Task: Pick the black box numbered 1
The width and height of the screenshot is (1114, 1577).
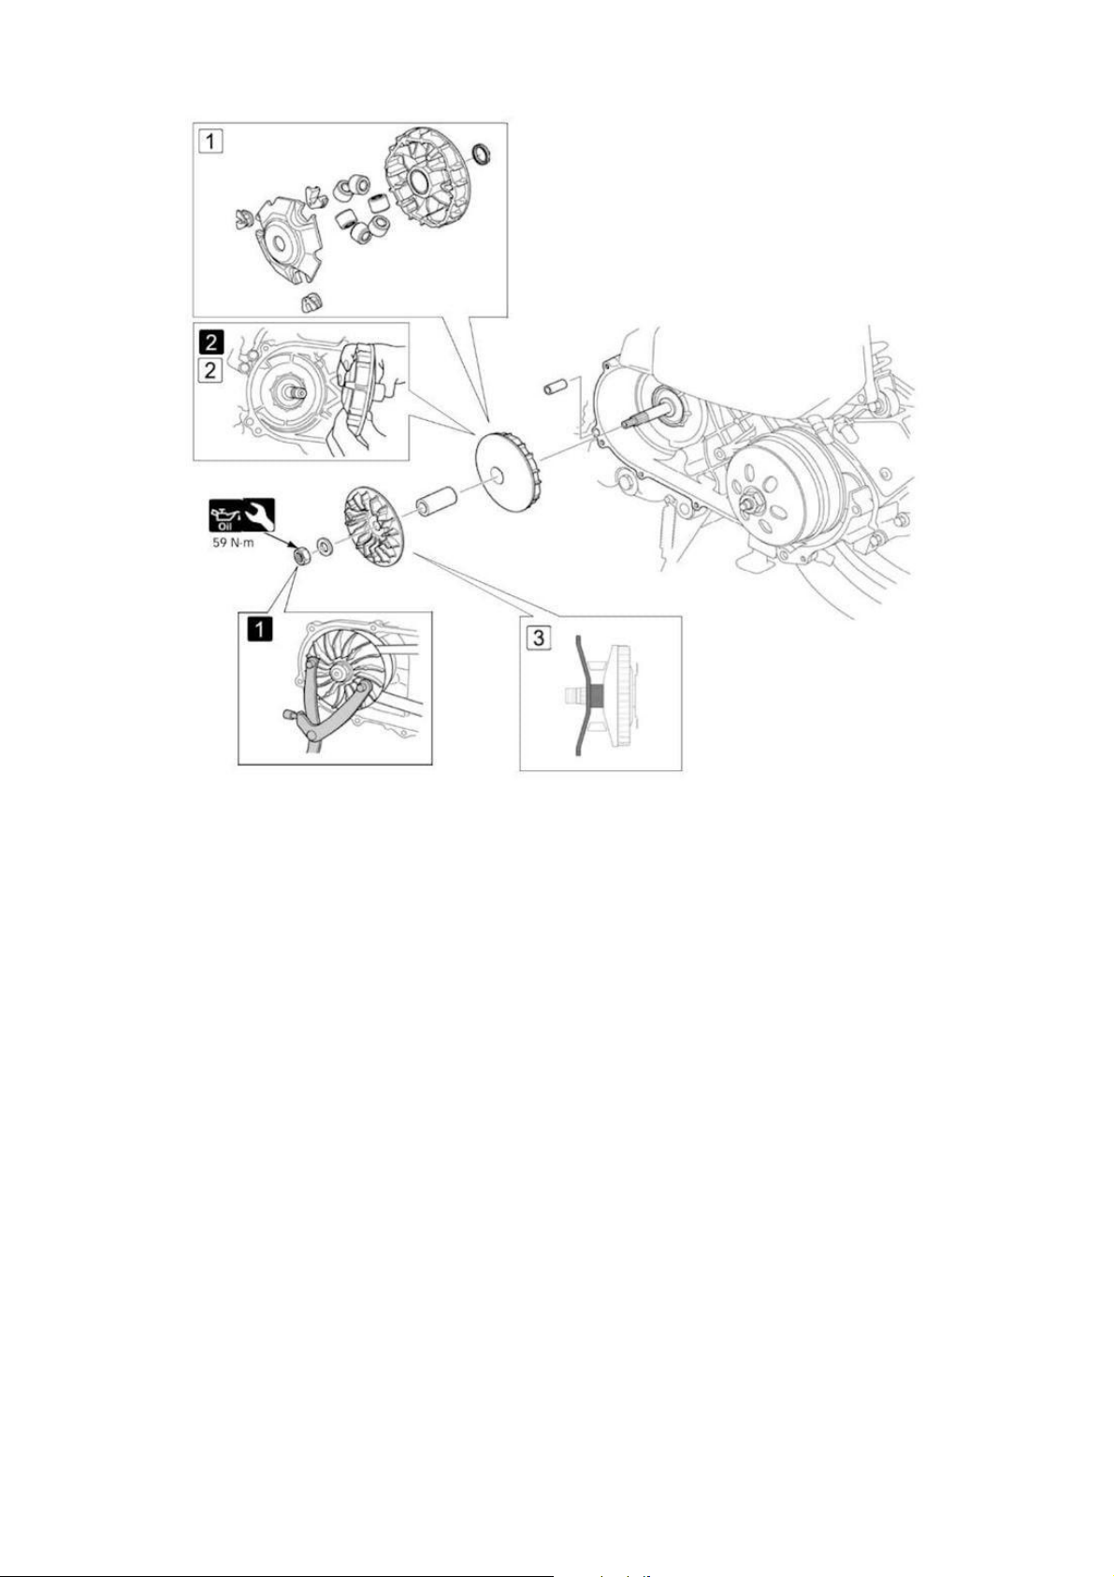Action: [260, 629]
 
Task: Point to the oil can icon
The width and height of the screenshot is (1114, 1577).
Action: [225, 516]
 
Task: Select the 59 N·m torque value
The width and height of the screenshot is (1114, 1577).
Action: [233, 544]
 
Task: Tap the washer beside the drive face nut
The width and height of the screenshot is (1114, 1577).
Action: [326, 546]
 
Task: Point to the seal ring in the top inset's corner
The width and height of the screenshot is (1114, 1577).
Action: [482, 154]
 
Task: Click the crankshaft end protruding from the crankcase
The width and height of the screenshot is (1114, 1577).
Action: [641, 417]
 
